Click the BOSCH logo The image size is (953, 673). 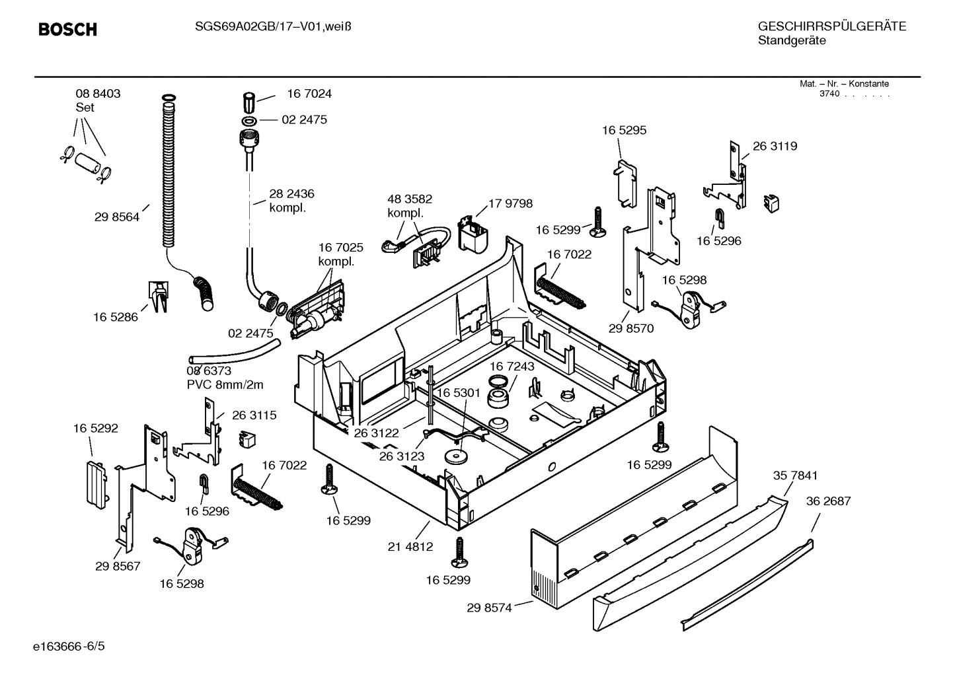67,30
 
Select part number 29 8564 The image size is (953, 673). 116,217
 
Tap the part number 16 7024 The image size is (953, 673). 309,94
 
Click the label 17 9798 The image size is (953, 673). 510,203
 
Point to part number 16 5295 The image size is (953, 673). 623,131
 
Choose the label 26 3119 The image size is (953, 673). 775,147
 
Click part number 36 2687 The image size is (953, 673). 828,501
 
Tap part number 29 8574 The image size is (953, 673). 489,608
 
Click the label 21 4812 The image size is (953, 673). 410,547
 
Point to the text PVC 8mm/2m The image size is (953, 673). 225,384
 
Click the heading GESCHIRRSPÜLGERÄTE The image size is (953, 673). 831,26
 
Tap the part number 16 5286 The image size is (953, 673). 115,317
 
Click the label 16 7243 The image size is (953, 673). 512,366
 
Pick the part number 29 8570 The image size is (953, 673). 630,328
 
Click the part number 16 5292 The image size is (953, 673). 95,429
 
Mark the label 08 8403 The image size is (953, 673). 98,94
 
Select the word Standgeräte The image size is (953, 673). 791,41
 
